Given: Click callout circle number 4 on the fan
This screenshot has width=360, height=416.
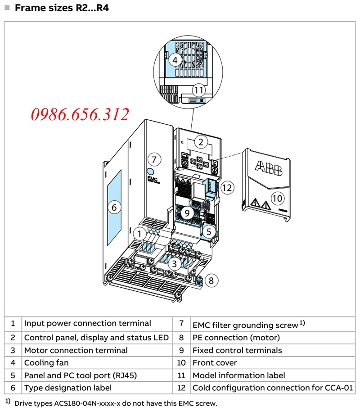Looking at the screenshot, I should pyautogui.click(x=175, y=60).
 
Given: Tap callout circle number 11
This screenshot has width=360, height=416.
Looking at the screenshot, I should pyautogui.click(x=198, y=90).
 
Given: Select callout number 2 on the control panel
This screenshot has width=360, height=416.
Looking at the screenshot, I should pyautogui.click(x=201, y=143).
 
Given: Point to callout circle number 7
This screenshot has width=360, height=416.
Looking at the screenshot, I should pyautogui.click(x=154, y=159).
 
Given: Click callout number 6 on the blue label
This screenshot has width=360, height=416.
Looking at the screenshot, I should pyautogui.click(x=114, y=208).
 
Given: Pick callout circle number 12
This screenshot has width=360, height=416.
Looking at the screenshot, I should pyautogui.click(x=228, y=187).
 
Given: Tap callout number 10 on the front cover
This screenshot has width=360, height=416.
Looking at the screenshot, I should pyautogui.click(x=278, y=197).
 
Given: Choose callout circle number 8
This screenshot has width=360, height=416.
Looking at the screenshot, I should pyautogui.click(x=211, y=280).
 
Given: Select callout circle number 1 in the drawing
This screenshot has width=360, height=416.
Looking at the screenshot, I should pyautogui.click(x=139, y=234).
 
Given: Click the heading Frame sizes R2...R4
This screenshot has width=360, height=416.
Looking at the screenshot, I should pyautogui.click(x=62, y=8).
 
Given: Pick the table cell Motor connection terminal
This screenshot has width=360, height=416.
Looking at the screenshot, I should pyautogui.click(x=76, y=350).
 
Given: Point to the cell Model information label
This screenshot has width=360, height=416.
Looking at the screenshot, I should pyautogui.click(x=238, y=375).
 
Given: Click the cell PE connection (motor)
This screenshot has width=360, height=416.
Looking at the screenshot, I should pyautogui.click(x=236, y=337).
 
